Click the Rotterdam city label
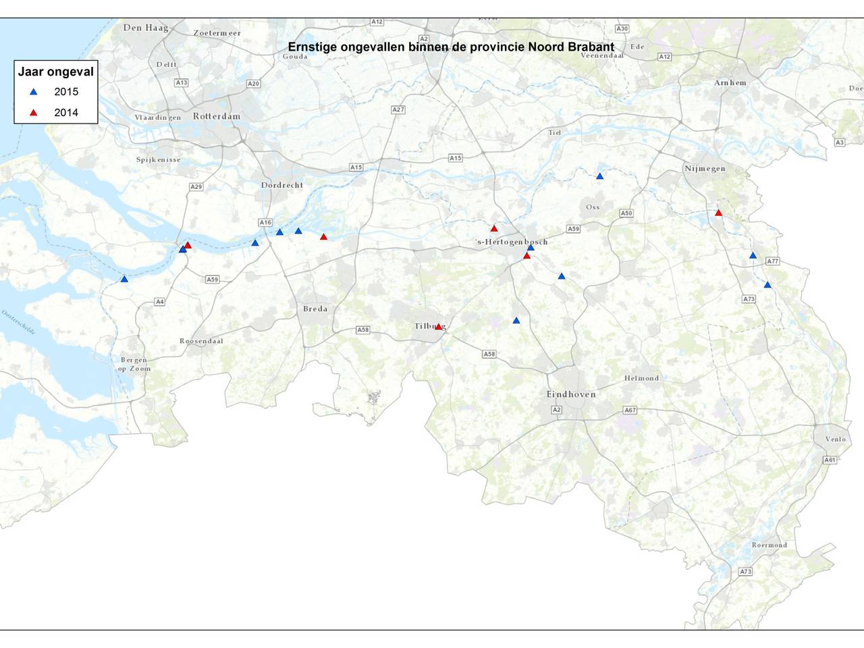point(216,116)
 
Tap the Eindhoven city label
point(571,394)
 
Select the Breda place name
point(315,309)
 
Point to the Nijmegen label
point(705,169)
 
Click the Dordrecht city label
point(282,185)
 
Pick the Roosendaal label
point(201,342)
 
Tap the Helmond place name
point(641,379)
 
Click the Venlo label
point(835,439)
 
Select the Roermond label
point(769,545)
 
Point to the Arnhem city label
point(730,83)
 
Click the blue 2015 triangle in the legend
point(33,92)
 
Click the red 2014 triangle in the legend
point(33,113)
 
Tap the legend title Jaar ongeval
point(56,72)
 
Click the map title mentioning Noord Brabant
point(451,47)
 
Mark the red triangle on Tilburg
point(438,327)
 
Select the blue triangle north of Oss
point(599,176)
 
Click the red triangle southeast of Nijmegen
point(718,213)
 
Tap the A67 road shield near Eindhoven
point(630,410)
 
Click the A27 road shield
point(398,109)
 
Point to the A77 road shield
point(773,261)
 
